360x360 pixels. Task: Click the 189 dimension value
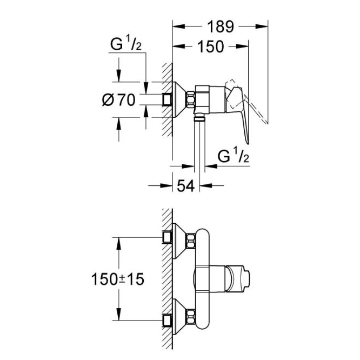[221, 26]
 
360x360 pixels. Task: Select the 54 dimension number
[186, 186]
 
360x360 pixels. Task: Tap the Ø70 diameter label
[119, 100]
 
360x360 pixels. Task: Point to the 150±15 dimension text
[117, 279]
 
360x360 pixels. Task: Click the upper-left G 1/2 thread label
[126, 44]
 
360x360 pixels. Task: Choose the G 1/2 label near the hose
[233, 156]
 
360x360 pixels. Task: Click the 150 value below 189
[210, 46]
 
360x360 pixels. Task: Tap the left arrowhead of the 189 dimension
[178, 26]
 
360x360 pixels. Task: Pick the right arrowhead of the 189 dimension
[262, 26]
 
